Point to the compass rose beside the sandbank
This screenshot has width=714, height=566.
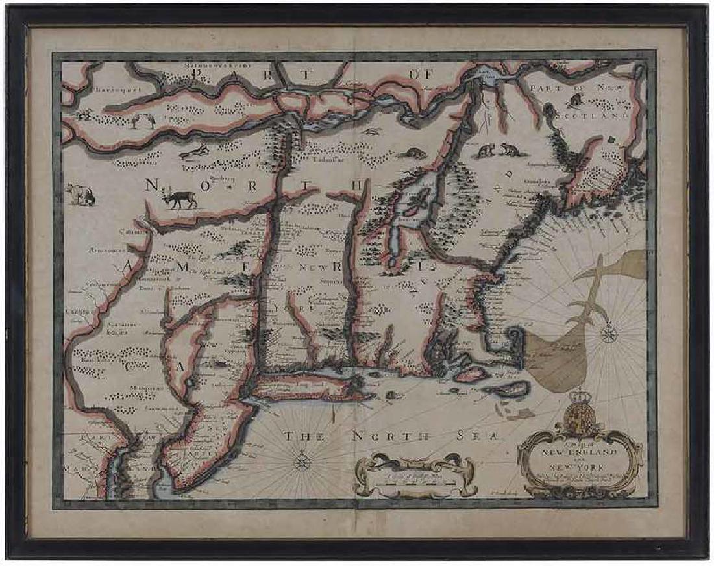[608, 334]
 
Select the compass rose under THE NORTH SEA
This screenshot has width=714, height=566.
[302, 463]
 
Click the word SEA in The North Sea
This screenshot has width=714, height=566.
[479, 436]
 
